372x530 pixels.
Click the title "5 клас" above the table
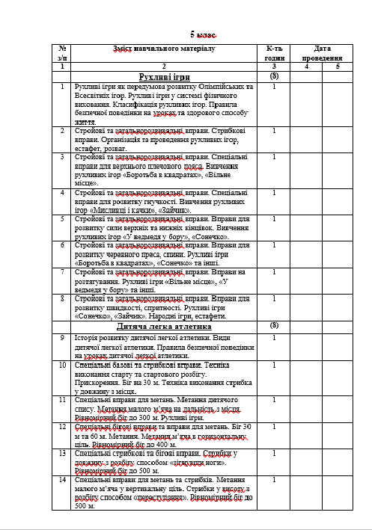click(x=202, y=34)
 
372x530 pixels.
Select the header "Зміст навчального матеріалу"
click(x=163, y=49)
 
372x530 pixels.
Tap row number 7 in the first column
click(x=63, y=274)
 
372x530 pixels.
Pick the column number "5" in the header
click(x=338, y=67)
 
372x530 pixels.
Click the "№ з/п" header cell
click(x=63, y=53)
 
